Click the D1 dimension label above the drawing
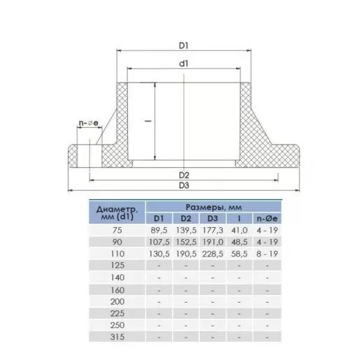183,45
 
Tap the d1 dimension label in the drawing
184,64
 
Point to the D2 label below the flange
184,175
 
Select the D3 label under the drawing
184,186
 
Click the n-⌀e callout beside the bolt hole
89,123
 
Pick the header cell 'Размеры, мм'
213,207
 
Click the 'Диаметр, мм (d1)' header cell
117,213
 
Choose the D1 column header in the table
159,219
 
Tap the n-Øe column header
267,219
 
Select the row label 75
117,230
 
